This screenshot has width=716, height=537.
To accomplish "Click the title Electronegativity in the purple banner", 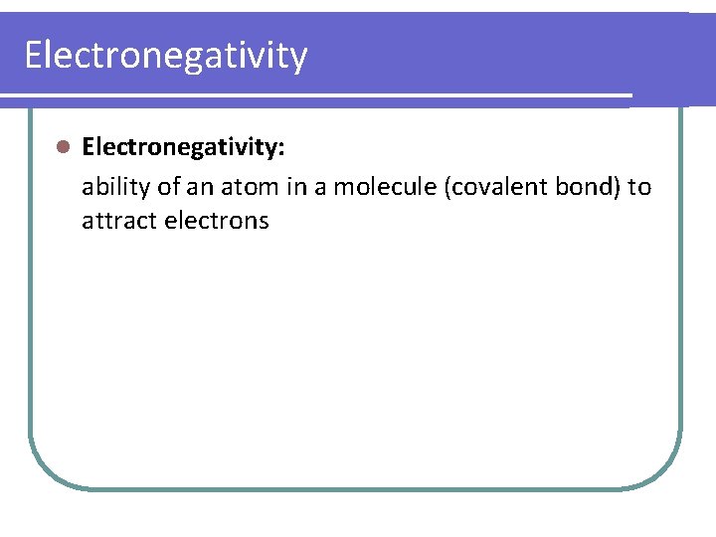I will [x=166, y=56].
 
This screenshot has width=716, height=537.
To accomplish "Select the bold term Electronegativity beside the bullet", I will [x=182, y=148].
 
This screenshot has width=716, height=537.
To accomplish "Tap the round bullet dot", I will [x=62, y=147].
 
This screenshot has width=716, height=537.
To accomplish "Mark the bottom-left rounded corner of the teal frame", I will [x=45, y=471].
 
